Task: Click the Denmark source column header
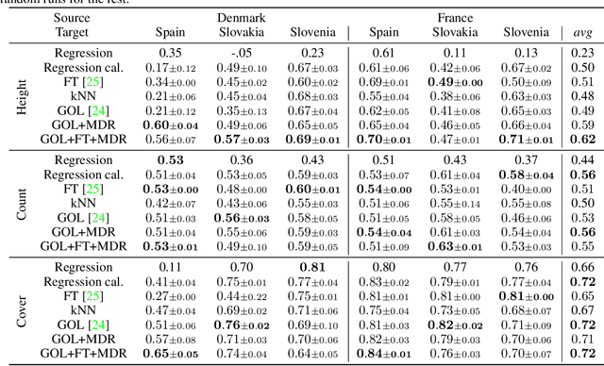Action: [x=241, y=18]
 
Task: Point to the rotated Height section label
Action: [x=23, y=95]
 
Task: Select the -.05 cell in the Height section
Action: [x=241, y=54]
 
